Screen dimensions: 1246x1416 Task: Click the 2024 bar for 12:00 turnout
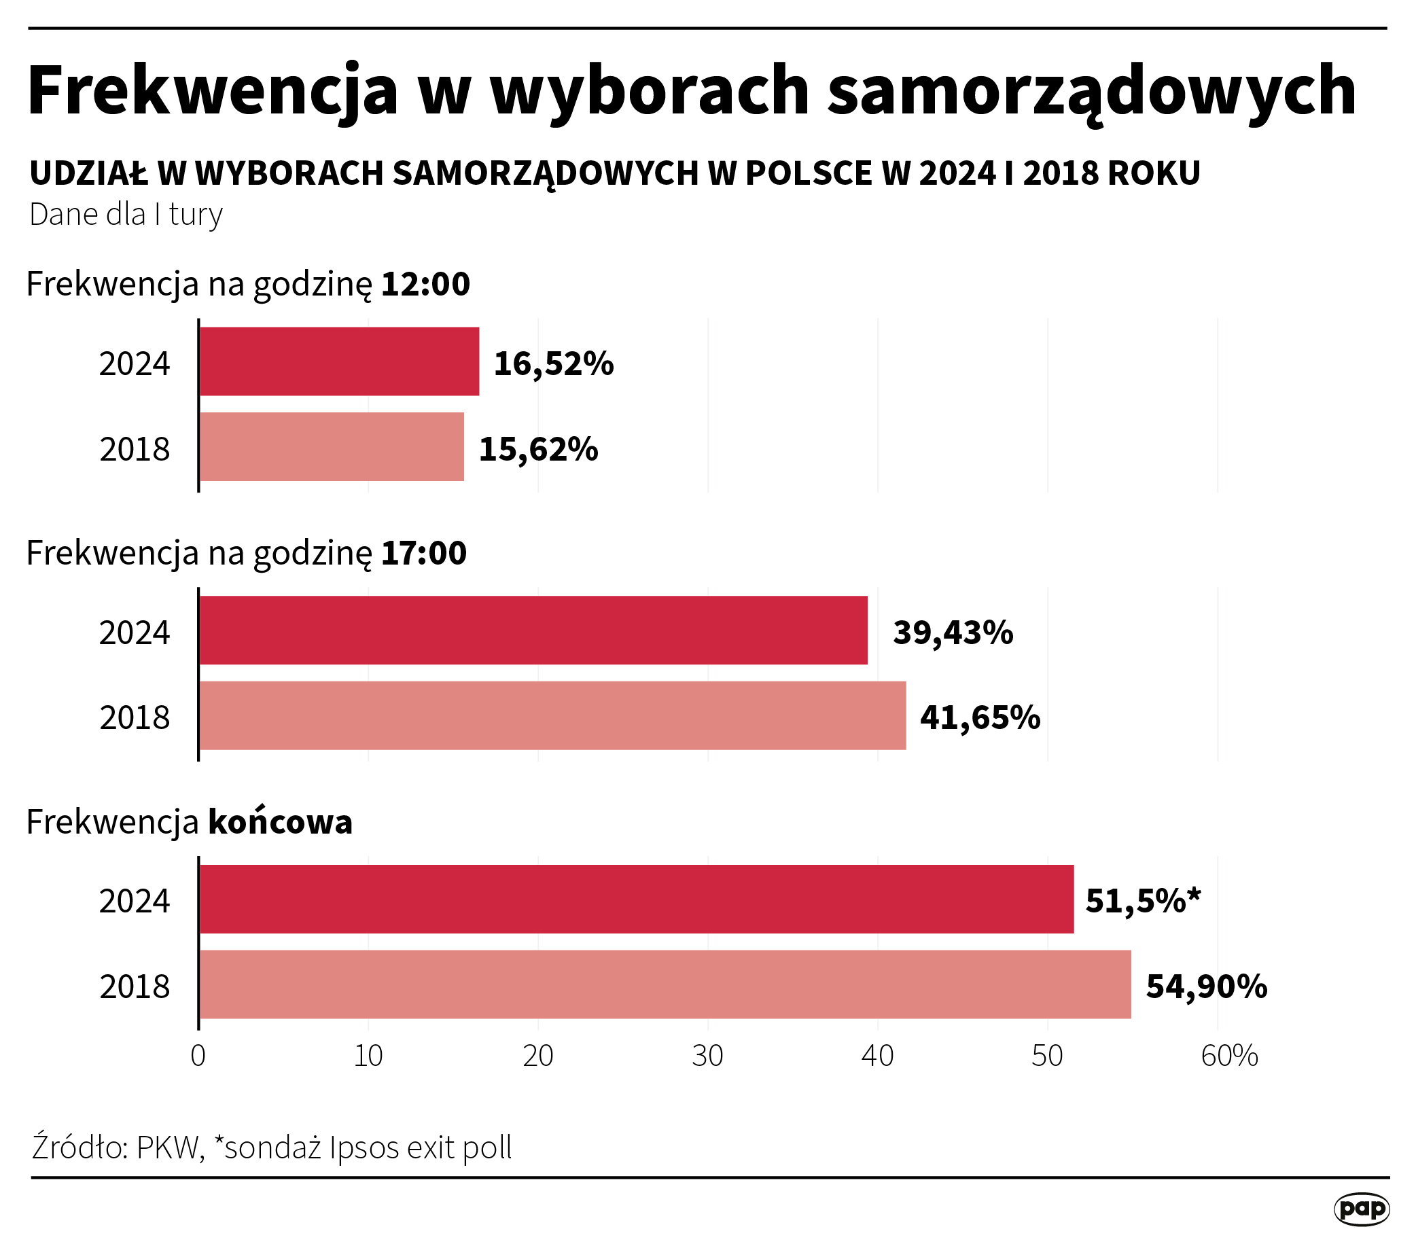pyautogui.click(x=340, y=361)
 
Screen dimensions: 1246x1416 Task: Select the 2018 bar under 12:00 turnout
pyautogui.click(x=332, y=447)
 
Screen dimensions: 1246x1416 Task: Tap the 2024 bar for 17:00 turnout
pyautogui.click(x=533, y=630)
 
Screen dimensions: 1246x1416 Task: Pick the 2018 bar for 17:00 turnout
pyautogui.click(x=553, y=715)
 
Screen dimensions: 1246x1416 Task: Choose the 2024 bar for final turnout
pyautogui.click(x=637, y=899)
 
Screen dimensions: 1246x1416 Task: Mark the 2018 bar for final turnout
pyautogui.click(x=665, y=984)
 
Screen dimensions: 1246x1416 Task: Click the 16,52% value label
pyautogui.click(x=554, y=363)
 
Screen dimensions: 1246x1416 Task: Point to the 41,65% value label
pyautogui.click(x=980, y=717)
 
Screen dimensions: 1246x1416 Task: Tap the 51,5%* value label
pyautogui.click(x=1142, y=901)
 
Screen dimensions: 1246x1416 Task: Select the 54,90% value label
pyautogui.click(x=1206, y=986)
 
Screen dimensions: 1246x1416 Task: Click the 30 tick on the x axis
pyautogui.click(x=707, y=1056)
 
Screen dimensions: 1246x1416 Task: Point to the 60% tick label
pyautogui.click(x=1229, y=1056)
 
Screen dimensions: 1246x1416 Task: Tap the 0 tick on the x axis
pyautogui.click(x=198, y=1056)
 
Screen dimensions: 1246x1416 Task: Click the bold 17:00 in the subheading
pyautogui.click(x=424, y=554)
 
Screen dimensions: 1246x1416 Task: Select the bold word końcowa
pyautogui.click(x=280, y=822)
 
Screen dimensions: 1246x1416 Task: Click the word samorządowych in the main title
pyautogui.click(x=1092, y=90)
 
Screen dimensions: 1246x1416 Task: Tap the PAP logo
pyautogui.click(x=1361, y=1209)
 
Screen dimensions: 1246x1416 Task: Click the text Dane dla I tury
pyautogui.click(x=126, y=215)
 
